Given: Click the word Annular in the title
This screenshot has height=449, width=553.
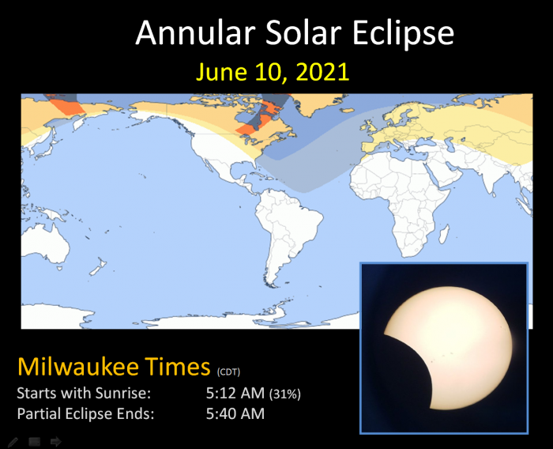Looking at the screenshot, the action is [195, 32].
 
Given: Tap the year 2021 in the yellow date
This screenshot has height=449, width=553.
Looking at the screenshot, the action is [322, 72].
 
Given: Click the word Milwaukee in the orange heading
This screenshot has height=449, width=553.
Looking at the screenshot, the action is [78, 366].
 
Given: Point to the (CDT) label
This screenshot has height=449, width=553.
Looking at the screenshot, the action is [228, 372].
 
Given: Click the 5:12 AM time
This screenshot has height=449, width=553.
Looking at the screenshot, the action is [235, 393].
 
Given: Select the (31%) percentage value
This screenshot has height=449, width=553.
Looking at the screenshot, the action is [285, 394].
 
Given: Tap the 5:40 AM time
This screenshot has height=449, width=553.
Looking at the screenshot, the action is [235, 413].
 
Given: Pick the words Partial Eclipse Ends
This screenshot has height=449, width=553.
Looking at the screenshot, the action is [85, 413].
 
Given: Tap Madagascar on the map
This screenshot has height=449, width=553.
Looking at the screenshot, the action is [444, 235].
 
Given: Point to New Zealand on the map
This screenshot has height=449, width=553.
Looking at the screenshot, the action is [98, 266].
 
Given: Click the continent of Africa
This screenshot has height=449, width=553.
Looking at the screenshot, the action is [402, 198].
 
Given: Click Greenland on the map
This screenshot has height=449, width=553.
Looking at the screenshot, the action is [316, 103].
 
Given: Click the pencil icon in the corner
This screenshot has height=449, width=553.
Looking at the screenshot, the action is [13, 442].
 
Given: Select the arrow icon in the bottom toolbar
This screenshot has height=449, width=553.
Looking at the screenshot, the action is [56, 441].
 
